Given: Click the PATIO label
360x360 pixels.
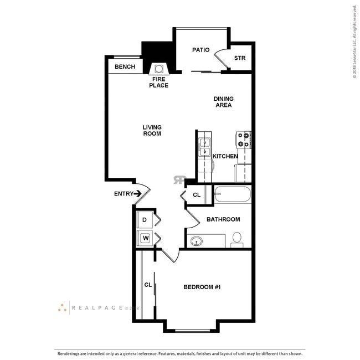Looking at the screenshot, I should (x=200, y=50).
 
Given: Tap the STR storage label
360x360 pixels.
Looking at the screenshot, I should (x=239, y=58).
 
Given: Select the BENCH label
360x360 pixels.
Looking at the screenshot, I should (x=125, y=67).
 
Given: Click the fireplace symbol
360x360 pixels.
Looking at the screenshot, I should (x=158, y=69).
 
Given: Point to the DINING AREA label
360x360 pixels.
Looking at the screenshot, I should (x=224, y=102).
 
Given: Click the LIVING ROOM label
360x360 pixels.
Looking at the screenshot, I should (x=152, y=131).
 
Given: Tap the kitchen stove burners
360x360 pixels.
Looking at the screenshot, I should (x=244, y=140).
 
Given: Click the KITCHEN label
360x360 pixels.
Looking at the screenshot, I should (x=225, y=156).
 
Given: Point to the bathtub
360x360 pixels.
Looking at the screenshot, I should (x=233, y=195).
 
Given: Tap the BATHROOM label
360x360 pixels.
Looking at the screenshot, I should (x=223, y=219).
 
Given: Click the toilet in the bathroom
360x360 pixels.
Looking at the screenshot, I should (x=237, y=239).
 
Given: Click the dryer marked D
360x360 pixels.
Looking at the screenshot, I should (x=145, y=220).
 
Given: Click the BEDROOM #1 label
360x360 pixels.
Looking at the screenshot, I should (x=202, y=287).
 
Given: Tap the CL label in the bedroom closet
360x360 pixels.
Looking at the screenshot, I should (x=148, y=285).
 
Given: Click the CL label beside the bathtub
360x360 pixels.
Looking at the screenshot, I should (x=197, y=195).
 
